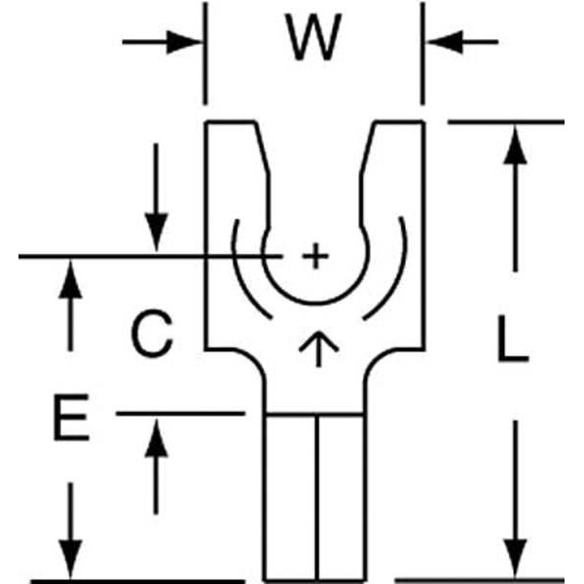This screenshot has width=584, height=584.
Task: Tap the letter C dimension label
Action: click(152, 334)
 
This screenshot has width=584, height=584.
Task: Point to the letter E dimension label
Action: click(69, 420)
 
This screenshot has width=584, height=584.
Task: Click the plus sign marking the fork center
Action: click(312, 257)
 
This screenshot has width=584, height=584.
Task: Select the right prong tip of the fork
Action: click(396, 127)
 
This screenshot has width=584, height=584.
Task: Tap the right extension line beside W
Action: click(421, 54)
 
